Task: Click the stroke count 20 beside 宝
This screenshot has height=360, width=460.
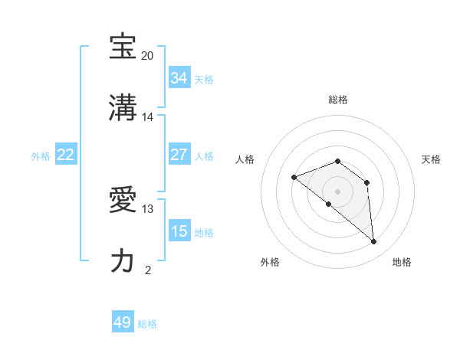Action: click(x=148, y=56)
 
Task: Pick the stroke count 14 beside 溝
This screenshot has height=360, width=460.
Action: click(x=148, y=117)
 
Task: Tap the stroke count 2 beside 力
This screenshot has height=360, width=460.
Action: click(x=148, y=270)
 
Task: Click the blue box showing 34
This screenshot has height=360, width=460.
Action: click(x=179, y=78)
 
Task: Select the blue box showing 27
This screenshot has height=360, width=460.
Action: click(x=179, y=155)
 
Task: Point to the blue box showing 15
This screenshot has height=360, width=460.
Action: click(x=179, y=231)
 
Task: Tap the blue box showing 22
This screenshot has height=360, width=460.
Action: click(x=66, y=155)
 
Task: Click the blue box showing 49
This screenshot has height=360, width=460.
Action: click(x=123, y=322)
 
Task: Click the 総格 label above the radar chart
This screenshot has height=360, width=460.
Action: click(x=338, y=100)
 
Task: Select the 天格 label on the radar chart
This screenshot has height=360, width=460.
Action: click(x=431, y=159)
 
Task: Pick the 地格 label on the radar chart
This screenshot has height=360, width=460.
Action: click(x=402, y=262)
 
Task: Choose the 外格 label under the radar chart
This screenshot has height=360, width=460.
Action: click(x=270, y=262)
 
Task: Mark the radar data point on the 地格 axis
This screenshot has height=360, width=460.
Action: click(x=374, y=242)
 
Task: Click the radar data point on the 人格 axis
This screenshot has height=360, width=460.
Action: click(x=294, y=178)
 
